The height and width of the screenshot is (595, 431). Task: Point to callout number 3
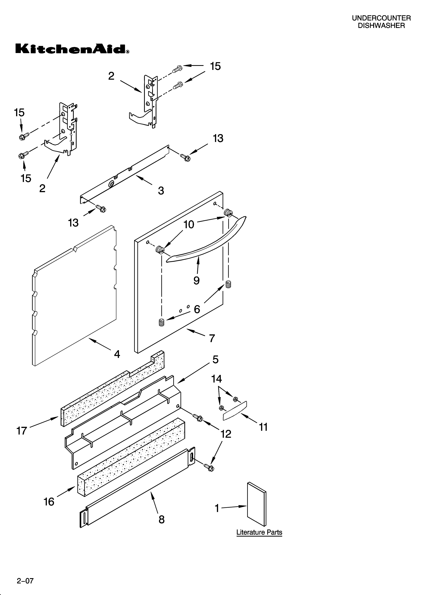pos(161,191)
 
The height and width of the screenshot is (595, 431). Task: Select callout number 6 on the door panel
pos(197,309)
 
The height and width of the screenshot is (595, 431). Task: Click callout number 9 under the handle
pos(196,280)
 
